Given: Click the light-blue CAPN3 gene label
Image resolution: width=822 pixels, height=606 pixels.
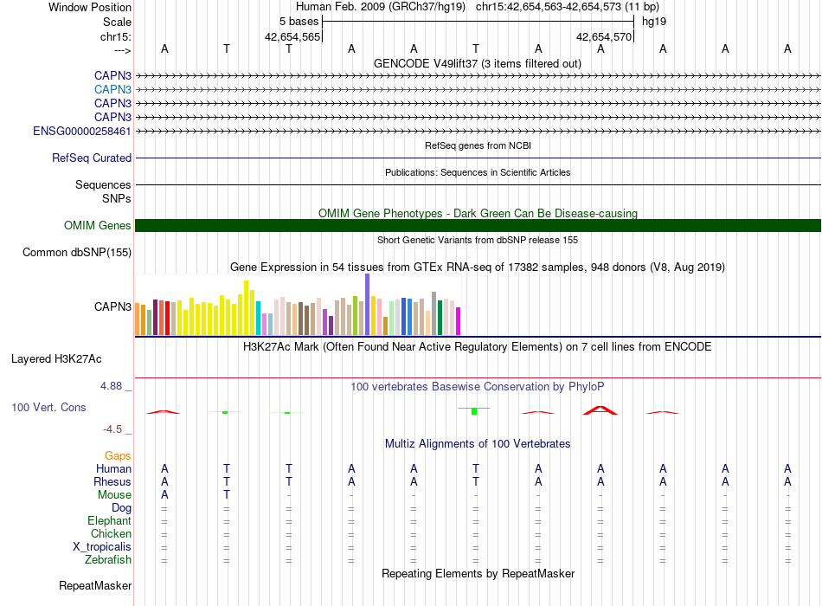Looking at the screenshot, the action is click(112, 90).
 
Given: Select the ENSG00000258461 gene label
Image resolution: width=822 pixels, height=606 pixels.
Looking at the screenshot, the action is click(82, 132).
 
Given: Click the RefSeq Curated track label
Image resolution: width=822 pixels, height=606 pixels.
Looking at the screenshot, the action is click(92, 158).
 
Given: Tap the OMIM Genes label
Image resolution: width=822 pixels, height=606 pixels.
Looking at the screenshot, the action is click(98, 226).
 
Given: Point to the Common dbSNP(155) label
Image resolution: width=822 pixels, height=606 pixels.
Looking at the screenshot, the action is click(77, 253).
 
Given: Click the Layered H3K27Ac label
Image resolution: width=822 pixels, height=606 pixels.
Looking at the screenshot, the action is click(56, 359).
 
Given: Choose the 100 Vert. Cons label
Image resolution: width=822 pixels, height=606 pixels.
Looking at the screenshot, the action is click(48, 407).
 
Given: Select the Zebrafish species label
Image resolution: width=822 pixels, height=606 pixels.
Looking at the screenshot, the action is click(108, 560).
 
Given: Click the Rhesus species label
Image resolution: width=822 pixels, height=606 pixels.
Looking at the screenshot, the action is click(112, 481).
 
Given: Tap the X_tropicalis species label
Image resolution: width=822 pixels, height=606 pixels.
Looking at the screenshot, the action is click(102, 547).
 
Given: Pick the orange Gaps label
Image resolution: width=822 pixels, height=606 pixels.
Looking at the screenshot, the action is click(118, 456).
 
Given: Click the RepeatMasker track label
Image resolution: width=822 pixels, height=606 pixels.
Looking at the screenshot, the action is click(95, 585).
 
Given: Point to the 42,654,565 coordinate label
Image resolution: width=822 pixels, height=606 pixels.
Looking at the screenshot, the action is click(292, 36).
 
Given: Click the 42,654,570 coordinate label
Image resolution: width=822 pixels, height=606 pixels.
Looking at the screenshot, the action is click(604, 36).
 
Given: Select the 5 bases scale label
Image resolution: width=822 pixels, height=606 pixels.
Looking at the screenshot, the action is click(299, 22).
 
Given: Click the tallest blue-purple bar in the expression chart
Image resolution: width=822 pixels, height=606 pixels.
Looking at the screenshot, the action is click(368, 305).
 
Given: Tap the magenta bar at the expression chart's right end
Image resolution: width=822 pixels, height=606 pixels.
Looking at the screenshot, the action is click(459, 321).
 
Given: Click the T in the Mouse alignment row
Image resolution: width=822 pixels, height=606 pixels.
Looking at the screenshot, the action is click(227, 494).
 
